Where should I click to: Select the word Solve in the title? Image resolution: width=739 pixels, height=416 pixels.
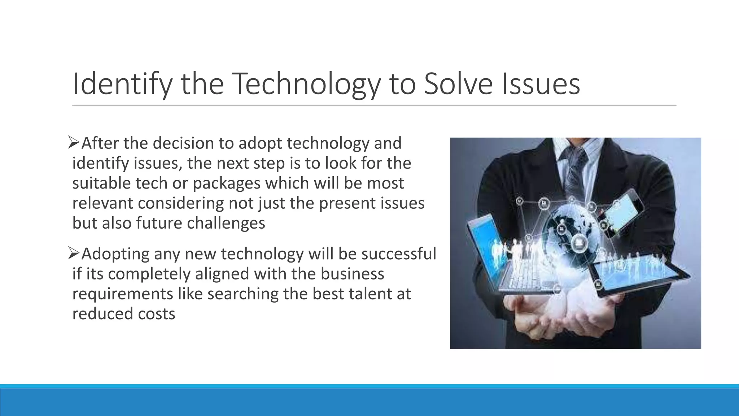[x=458, y=84]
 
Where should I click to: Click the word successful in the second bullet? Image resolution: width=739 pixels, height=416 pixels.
[x=398, y=253]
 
